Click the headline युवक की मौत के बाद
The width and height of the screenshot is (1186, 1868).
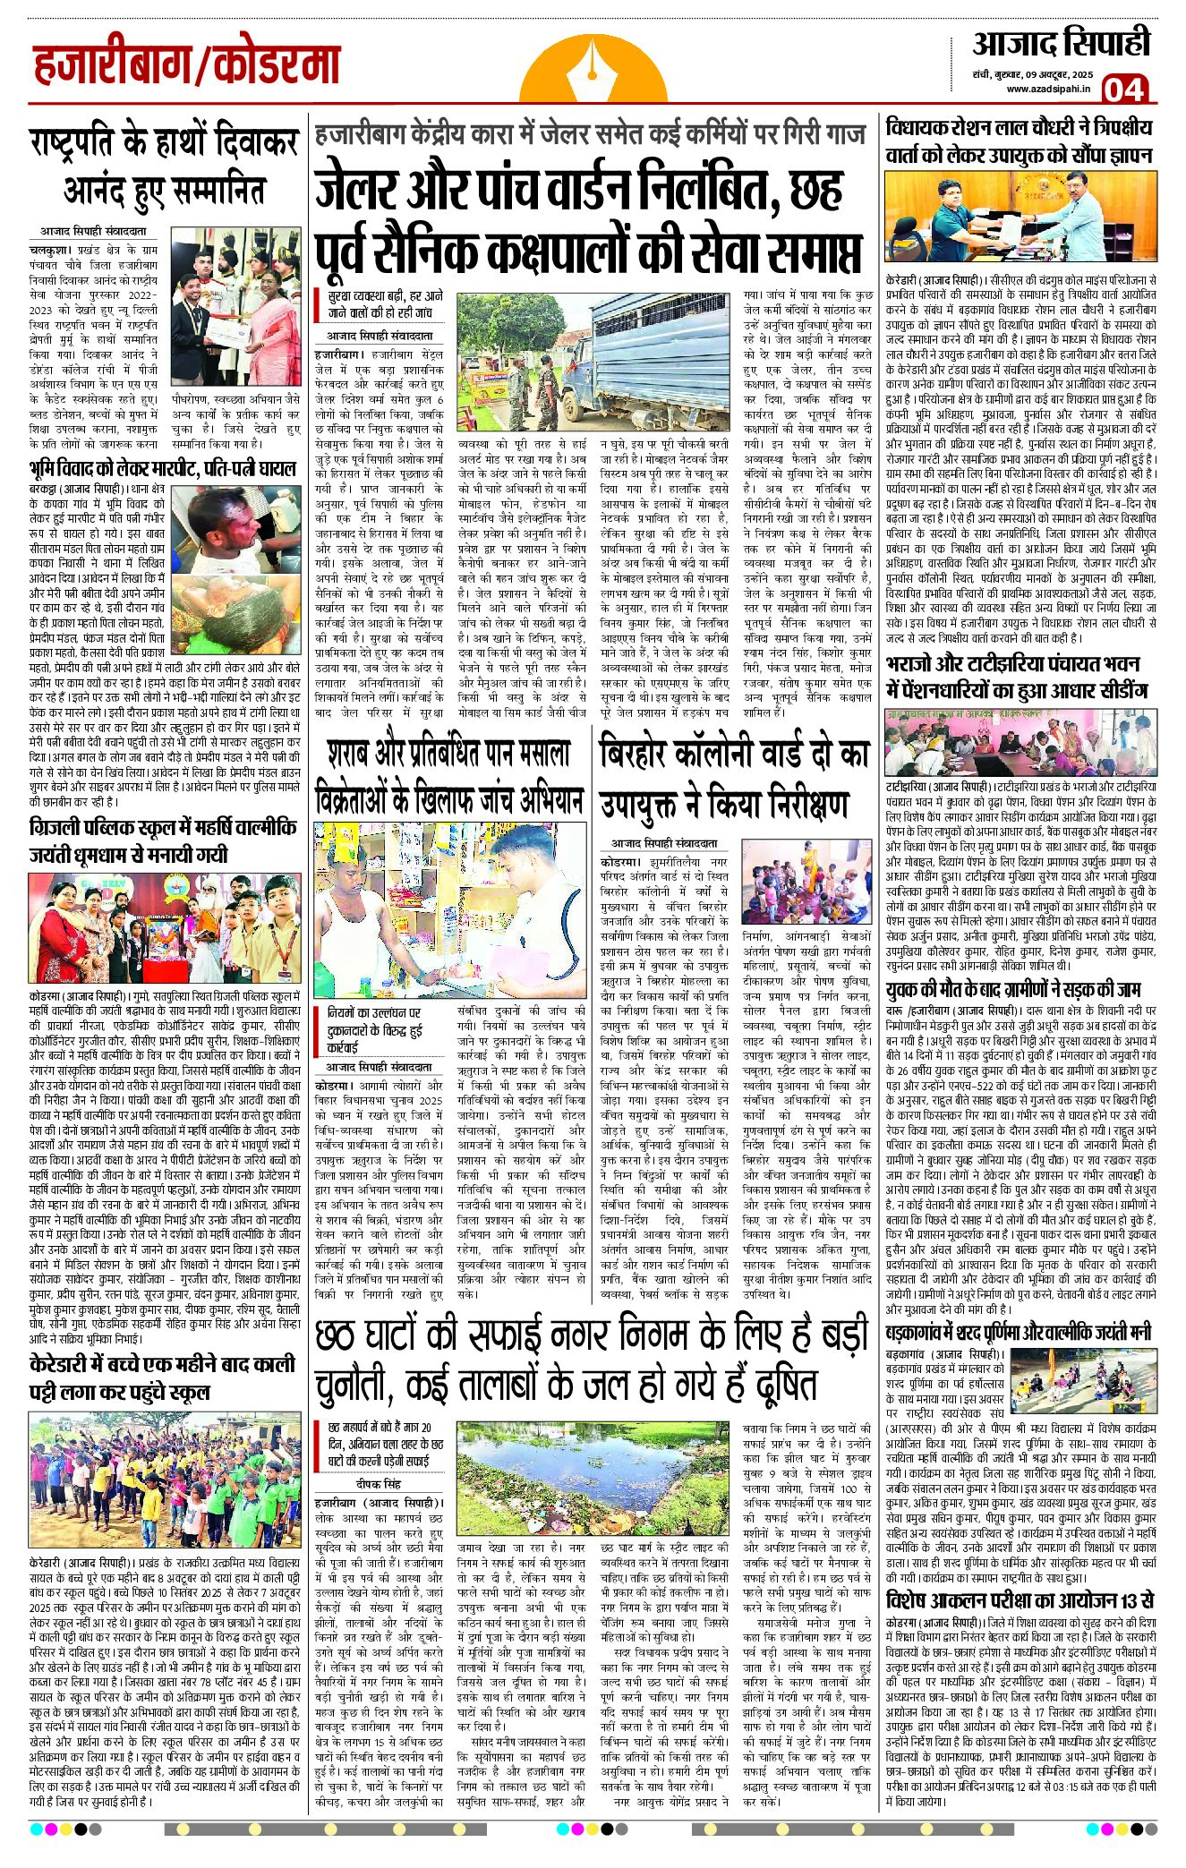tap(1011, 990)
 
